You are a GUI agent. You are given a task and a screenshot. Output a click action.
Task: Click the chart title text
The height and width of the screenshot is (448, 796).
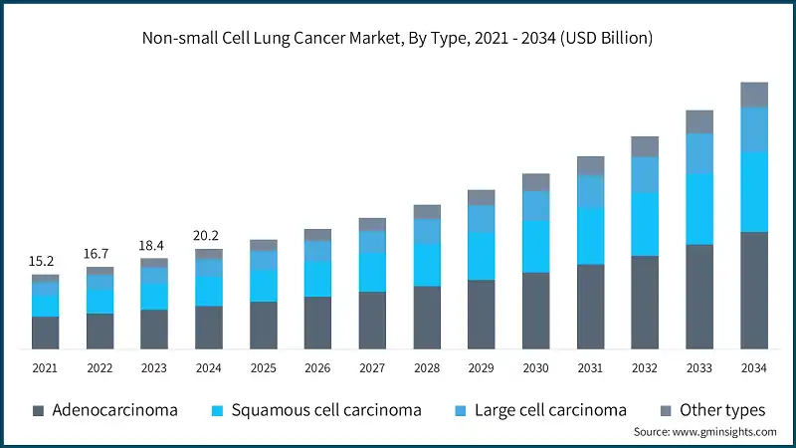398,39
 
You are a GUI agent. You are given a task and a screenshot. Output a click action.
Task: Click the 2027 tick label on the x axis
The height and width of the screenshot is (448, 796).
372,367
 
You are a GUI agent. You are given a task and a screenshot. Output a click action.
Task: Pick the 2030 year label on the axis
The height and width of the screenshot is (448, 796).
535,367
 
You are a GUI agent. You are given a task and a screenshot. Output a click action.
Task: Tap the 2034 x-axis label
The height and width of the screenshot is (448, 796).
754,367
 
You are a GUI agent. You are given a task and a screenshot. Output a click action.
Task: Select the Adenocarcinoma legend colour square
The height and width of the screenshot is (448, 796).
38,410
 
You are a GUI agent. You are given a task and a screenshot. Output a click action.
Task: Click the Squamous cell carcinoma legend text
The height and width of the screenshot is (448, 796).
326,410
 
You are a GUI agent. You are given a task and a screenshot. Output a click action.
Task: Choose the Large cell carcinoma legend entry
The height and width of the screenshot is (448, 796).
550,410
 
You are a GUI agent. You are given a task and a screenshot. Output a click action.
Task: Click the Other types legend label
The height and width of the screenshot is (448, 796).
722,410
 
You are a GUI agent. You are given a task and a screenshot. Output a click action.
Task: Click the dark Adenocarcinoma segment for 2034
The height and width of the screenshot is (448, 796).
754,290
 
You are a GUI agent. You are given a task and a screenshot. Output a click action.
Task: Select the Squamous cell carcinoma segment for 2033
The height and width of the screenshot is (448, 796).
699,209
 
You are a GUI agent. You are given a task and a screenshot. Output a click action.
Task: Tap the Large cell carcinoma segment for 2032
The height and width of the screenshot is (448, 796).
645,174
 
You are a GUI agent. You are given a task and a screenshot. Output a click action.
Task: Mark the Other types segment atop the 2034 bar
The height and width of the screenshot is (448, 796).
754,95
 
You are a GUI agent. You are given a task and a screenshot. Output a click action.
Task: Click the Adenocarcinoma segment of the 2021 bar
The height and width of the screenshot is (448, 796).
45,333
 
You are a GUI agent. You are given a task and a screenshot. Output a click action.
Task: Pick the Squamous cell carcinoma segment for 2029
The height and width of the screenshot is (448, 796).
482,256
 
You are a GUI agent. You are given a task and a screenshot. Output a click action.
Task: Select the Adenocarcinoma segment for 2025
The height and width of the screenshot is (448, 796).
264,325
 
